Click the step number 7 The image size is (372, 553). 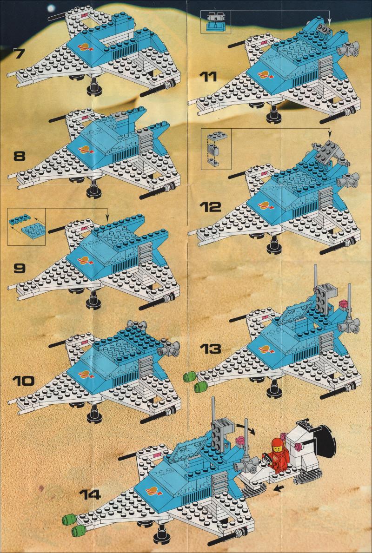pos(20,53)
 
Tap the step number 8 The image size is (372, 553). pos(20,156)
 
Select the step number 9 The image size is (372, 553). pos(20,269)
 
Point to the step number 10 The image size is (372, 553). pos(23,381)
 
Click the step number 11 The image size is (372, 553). pos(208,77)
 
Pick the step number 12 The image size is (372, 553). pos(210,207)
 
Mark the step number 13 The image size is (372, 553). pos(210,349)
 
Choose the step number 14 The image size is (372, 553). pos(90,494)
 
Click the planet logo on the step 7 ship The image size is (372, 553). pos(85,46)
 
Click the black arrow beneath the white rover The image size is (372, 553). pos(279,488)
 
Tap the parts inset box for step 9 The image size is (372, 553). pos(27,226)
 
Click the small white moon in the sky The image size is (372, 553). pos(52,8)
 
